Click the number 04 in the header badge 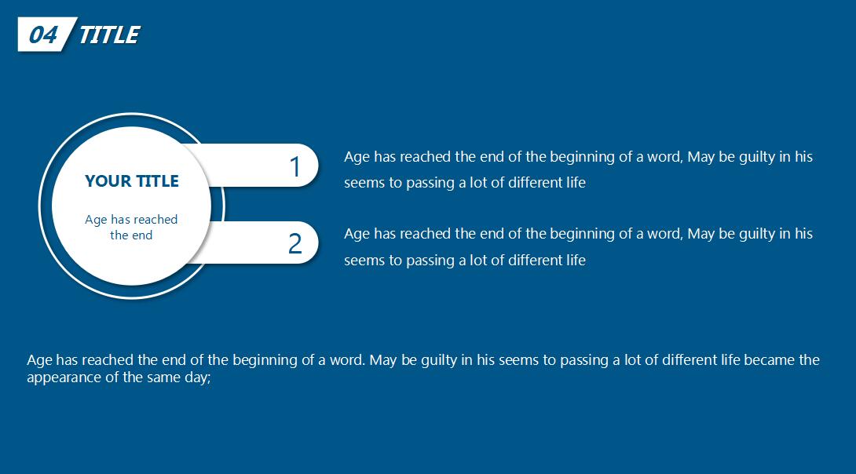click(x=42, y=35)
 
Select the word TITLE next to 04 click(x=109, y=35)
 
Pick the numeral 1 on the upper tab click(x=294, y=167)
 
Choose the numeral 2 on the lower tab click(x=294, y=243)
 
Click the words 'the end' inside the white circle click(x=131, y=235)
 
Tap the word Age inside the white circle click(x=96, y=220)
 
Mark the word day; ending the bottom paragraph click(x=198, y=378)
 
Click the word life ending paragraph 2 click(x=576, y=261)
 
